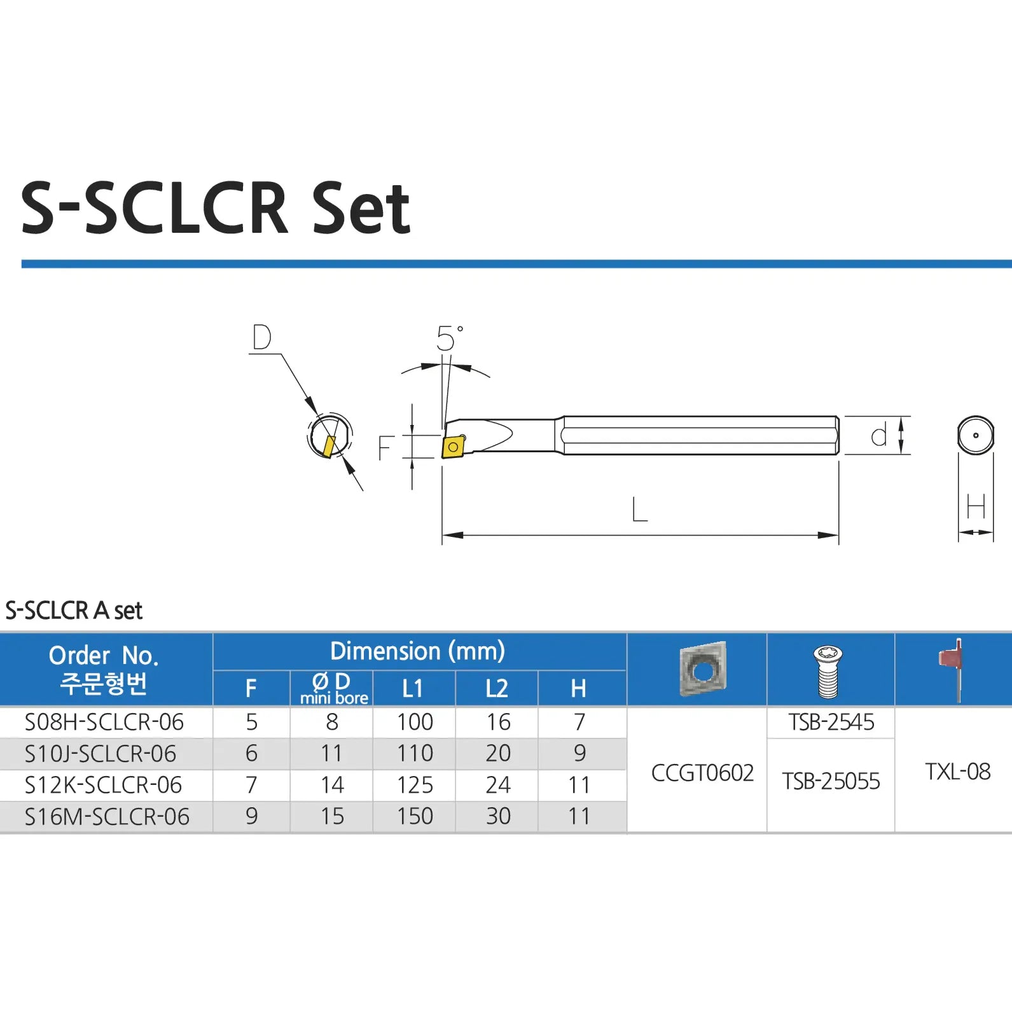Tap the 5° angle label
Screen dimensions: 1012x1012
[449, 338]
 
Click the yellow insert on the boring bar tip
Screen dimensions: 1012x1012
[453, 447]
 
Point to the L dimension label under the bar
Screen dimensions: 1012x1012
[639, 509]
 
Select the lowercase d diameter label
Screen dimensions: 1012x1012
[878, 436]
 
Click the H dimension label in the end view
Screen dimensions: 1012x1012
[976, 507]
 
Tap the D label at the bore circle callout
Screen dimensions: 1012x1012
[261, 337]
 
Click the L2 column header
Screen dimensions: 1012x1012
[496, 688]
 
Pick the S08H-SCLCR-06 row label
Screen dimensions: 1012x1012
[104, 723]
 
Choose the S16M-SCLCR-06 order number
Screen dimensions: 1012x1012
[107, 817]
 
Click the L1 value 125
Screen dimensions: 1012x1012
[415, 785]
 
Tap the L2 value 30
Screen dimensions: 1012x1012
[498, 817]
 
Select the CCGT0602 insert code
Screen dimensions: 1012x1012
[702, 773]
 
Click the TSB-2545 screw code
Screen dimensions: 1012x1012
[831, 723]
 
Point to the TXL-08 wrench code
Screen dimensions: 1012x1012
[957, 772]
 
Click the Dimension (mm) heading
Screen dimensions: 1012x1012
[417, 651]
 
